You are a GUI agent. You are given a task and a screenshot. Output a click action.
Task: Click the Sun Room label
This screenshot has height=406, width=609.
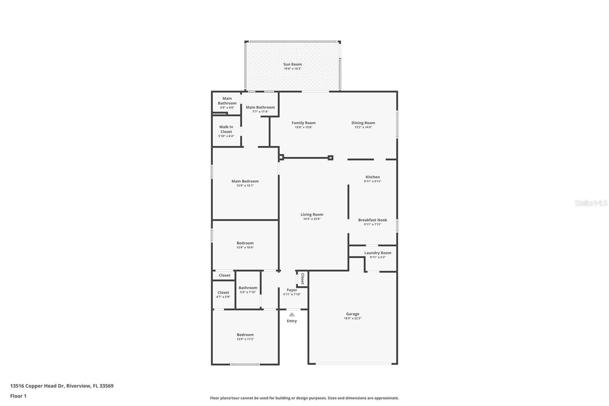pyautogui.click(x=292, y=64)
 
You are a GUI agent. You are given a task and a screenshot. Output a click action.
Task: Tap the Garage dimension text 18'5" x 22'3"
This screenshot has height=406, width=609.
pyautogui.click(x=352, y=318)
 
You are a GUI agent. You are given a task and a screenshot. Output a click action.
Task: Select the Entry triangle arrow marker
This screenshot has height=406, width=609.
pyautogui.click(x=292, y=315)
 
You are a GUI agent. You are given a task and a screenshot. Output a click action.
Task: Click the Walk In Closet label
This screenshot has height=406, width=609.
pyautogui.click(x=226, y=129)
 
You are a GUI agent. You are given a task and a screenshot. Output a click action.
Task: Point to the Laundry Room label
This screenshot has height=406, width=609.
pyautogui.click(x=378, y=253)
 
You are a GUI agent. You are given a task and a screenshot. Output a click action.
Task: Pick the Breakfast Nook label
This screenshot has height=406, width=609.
pyautogui.click(x=373, y=220)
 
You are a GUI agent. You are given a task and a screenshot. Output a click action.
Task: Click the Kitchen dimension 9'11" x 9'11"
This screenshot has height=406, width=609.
pyautogui.click(x=373, y=181)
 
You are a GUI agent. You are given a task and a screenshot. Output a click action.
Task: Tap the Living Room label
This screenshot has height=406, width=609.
pyautogui.click(x=312, y=214)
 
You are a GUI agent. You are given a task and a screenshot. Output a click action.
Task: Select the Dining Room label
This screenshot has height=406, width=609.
pyautogui.click(x=363, y=123)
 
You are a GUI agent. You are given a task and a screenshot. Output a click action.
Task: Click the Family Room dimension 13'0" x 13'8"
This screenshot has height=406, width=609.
pyautogui.click(x=303, y=127)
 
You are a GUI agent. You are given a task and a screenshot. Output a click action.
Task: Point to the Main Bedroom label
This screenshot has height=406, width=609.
pyautogui.click(x=245, y=181)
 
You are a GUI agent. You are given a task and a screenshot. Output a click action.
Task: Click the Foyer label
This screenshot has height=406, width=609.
pyautogui.click(x=292, y=290)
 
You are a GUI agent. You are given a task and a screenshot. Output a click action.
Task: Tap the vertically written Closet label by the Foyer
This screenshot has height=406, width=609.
pyautogui.click(x=303, y=278)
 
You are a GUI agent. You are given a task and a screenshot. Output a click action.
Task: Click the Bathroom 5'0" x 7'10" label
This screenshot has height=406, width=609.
pyautogui.click(x=248, y=288)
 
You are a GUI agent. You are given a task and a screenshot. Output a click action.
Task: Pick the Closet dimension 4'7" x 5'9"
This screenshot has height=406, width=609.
pyautogui.click(x=223, y=297)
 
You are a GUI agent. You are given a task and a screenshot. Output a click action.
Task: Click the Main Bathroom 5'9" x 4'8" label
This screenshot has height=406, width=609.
pyautogui.click(x=227, y=101)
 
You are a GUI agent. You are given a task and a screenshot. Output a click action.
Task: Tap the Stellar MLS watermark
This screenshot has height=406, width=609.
pyautogui.click(x=591, y=203)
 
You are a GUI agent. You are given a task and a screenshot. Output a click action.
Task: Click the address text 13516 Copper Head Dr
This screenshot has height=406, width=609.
pyautogui.click(x=38, y=386)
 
